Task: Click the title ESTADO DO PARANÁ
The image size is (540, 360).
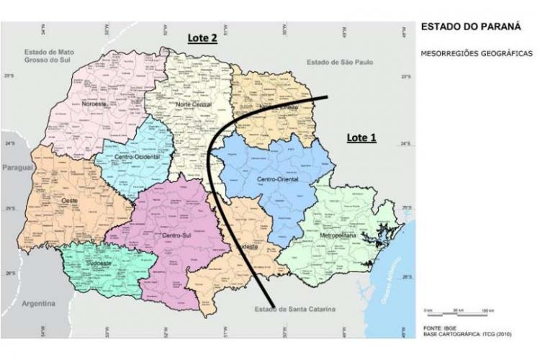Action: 461,30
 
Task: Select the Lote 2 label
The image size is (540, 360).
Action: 202,39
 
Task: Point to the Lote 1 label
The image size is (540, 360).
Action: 361,138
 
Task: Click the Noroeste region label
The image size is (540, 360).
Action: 94,104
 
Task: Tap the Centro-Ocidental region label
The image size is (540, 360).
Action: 137,156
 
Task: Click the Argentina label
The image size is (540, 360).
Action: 38,304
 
